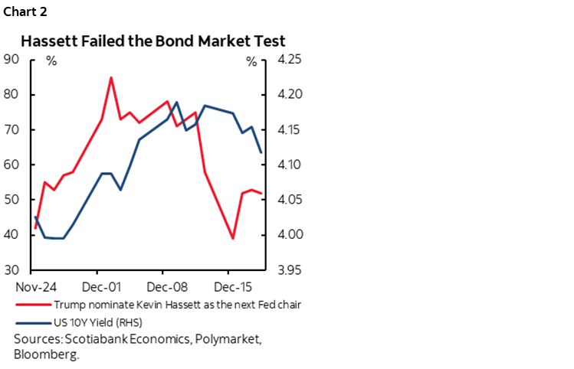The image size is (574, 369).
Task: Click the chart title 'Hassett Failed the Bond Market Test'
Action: pyautogui.click(x=153, y=41)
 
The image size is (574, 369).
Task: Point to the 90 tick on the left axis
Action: pyautogui.click(x=12, y=60)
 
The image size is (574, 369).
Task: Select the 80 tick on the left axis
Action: pyautogui.click(x=12, y=95)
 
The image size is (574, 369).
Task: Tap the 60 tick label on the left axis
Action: pyautogui.click(x=12, y=165)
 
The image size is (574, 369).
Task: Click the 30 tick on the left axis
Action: pyautogui.click(x=12, y=270)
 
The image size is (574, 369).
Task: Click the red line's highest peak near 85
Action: pyautogui.click(x=111, y=77)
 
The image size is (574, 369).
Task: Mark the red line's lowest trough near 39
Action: pyautogui.click(x=233, y=239)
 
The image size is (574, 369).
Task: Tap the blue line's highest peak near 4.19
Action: pyautogui.click(x=176, y=102)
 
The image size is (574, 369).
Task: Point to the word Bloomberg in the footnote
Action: pyautogui.click(x=46, y=354)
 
